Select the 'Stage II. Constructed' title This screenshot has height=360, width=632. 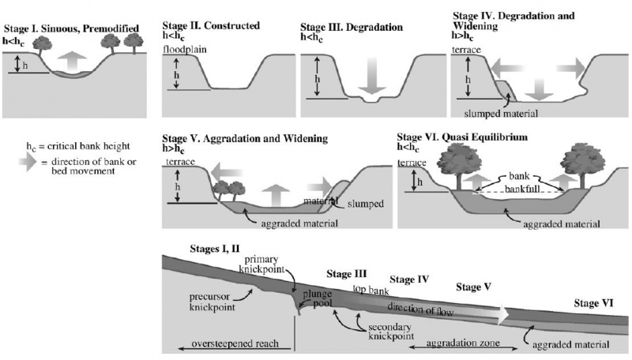(210, 25)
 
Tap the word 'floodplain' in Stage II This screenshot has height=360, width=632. (183, 50)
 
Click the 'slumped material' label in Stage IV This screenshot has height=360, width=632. (504, 113)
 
